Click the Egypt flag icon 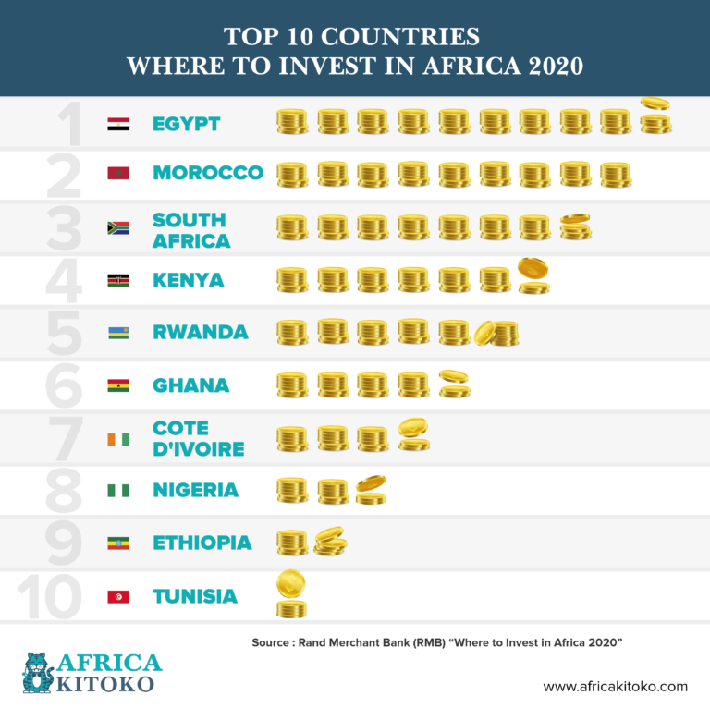pyautogui.click(x=118, y=123)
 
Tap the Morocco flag pyautogui.click(x=118, y=174)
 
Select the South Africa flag pyautogui.click(x=118, y=227)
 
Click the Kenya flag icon pyautogui.click(x=118, y=280)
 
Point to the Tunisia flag pyautogui.click(x=118, y=596)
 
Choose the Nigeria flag pyautogui.click(x=118, y=491)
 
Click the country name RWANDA pyautogui.click(x=200, y=332)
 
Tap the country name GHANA pyautogui.click(x=190, y=385)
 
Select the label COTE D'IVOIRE pyautogui.click(x=198, y=438)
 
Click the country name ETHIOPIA pyautogui.click(x=202, y=543)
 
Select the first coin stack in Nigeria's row pyautogui.click(x=292, y=490)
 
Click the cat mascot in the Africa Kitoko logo pyautogui.click(x=37, y=672)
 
